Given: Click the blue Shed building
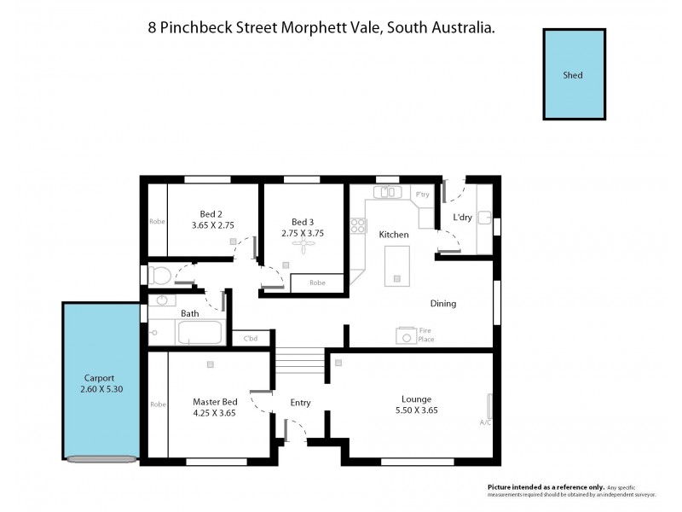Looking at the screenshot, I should pos(574,75).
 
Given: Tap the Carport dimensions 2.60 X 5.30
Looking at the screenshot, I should pos(99,389).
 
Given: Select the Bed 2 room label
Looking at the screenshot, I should pos(211,214).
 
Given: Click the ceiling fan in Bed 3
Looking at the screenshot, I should pos(303,244).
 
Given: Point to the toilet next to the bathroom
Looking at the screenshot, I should pos(159,275).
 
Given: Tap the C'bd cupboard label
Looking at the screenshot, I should pos(251,339).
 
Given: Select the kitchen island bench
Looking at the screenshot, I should pos(396,265).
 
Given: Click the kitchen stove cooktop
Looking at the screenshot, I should pos(358,227).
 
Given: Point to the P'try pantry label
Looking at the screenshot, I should pos(422,195).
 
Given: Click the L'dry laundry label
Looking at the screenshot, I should pos(462,218).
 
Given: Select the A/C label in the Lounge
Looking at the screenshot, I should pos(485,422).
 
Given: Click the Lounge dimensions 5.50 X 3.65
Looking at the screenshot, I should pos(417,410).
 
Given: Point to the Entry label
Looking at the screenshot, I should pos(300,403).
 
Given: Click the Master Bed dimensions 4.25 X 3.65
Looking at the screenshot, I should pos(215,413).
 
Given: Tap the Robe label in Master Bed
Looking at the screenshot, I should pos(157,404).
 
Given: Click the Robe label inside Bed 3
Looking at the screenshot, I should pos(317,282).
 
